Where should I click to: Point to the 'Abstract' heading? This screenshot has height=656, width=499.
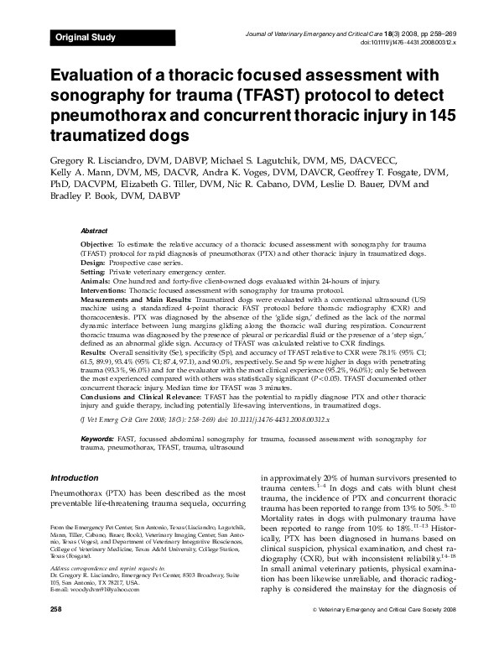[94, 230]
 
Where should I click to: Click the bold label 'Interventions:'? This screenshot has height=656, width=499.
[105, 290]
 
